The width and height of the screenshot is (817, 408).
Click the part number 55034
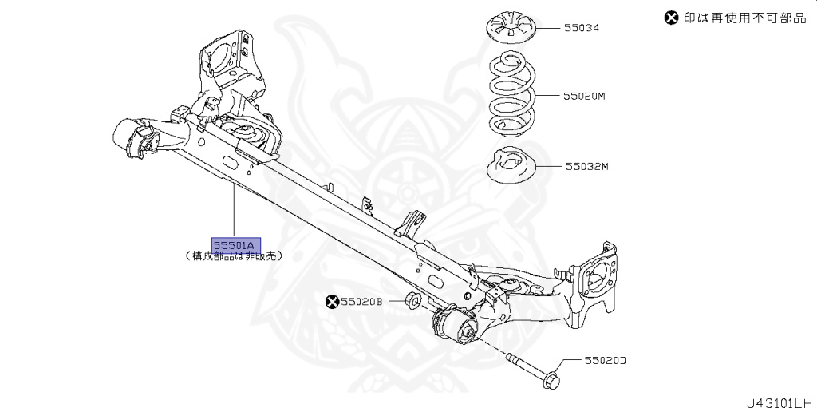point(582,28)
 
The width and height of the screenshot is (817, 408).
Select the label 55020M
point(585,96)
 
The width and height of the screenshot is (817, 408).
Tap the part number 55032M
point(586,167)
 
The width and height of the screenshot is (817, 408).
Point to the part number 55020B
point(362,302)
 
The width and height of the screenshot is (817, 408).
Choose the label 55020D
point(604,361)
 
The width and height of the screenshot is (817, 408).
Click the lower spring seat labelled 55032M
point(511,168)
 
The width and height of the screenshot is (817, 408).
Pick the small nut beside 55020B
point(413,301)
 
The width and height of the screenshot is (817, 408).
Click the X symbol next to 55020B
point(332,302)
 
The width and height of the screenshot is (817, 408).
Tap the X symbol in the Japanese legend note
point(672,18)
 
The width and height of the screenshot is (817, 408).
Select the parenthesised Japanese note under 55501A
point(233,257)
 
